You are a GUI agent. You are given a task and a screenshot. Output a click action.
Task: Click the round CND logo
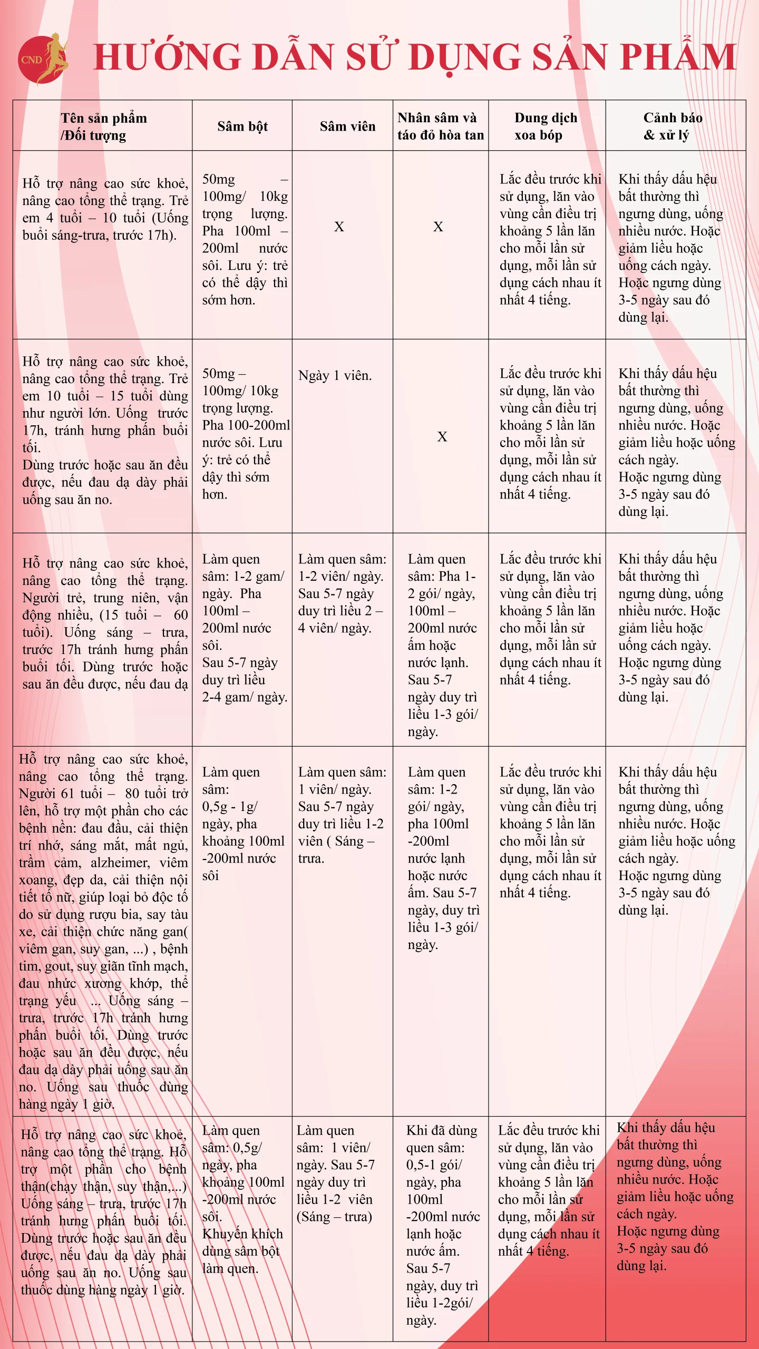(42, 60)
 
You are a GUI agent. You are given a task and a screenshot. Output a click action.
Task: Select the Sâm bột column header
(242, 126)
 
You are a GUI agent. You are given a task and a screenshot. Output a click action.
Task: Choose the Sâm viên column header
(347, 126)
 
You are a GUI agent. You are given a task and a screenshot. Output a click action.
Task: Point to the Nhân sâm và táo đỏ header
(440, 126)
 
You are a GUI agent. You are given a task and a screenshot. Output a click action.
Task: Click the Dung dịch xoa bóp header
(546, 126)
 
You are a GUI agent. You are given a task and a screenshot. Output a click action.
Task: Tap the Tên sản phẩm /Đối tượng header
(103, 126)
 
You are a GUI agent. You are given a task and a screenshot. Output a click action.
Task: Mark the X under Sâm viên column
(339, 227)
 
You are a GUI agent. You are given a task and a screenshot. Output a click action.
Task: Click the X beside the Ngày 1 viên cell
(442, 436)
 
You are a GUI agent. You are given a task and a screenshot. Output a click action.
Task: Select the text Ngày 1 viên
(335, 376)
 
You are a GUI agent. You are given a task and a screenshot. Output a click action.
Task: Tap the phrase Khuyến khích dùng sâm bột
(242, 1242)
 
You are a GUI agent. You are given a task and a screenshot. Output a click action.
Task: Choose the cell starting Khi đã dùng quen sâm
(442, 1139)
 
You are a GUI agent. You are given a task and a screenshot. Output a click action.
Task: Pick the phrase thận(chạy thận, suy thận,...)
(104, 1186)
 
